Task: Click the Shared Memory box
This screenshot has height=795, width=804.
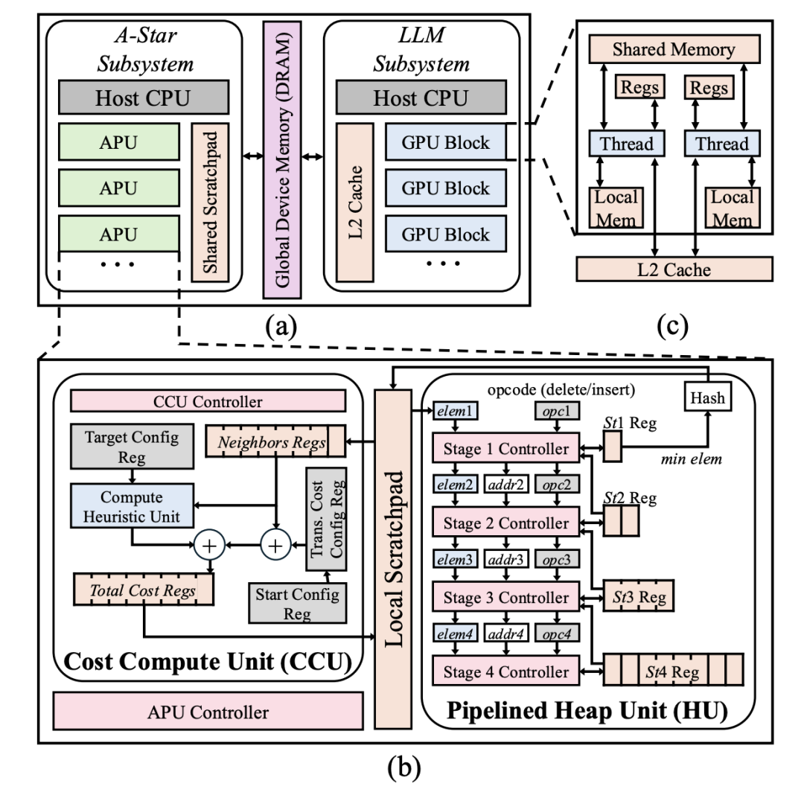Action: point(674,49)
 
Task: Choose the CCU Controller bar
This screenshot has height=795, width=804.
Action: point(208,401)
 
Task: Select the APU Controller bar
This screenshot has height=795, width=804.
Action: point(208,712)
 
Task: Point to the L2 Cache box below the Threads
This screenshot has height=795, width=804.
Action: point(674,269)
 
